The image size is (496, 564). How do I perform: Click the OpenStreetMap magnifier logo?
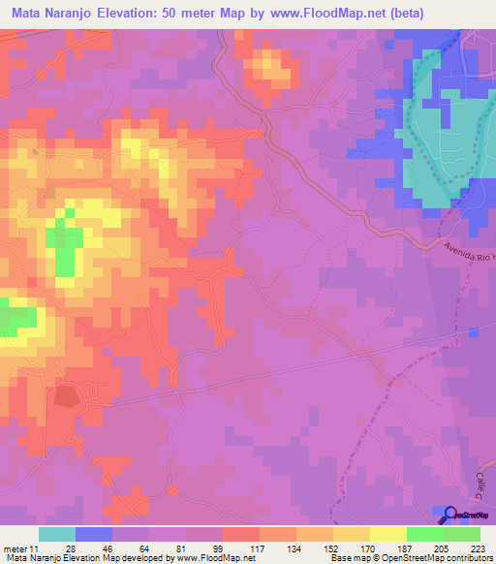[x=448, y=516]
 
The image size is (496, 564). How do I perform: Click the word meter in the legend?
[x=14, y=548]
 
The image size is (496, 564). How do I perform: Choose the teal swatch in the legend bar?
[x=56, y=534]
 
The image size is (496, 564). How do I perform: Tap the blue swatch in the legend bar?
[x=93, y=534]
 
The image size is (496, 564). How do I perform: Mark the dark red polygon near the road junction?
[x=66, y=395]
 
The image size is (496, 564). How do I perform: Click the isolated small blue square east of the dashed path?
[x=473, y=332]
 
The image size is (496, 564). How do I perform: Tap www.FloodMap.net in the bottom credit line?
[x=214, y=558]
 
